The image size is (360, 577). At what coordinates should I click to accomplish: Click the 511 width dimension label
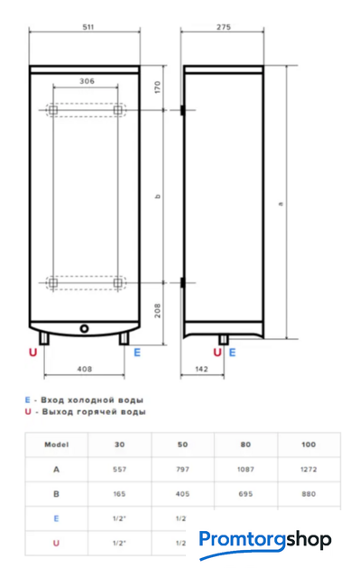(x=88, y=27)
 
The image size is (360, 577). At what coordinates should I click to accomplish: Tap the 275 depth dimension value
(x=224, y=27)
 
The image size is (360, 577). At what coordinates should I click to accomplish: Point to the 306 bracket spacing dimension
(x=87, y=81)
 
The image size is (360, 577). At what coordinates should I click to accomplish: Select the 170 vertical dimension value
(x=158, y=87)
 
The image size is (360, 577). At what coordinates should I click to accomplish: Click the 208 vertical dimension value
(x=158, y=310)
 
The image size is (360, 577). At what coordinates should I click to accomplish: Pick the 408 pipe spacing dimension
(x=84, y=369)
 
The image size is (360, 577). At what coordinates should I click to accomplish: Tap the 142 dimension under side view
(x=201, y=369)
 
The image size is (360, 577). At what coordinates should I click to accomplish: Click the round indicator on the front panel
(x=84, y=328)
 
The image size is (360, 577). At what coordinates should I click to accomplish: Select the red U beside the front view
(x=33, y=353)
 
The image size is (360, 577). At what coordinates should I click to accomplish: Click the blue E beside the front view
(x=137, y=353)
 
